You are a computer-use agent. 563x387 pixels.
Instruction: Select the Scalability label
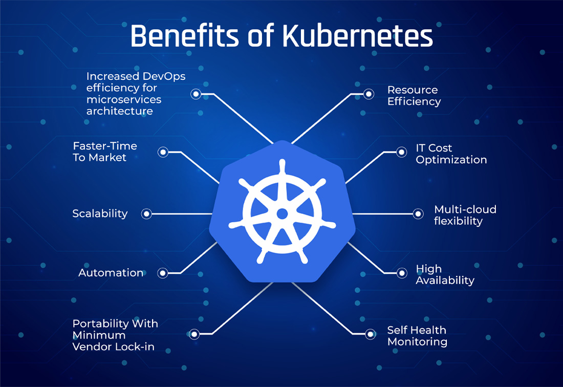pyautogui.click(x=100, y=213)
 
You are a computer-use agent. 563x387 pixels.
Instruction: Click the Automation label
pyautogui.click(x=111, y=273)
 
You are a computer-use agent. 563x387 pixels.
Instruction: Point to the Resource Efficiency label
pyautogui.click(x=414, y=96)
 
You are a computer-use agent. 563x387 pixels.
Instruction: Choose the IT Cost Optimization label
pyautogui.click(x=451, y=154)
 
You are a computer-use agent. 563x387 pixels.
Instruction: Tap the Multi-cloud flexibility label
pyautogui.click(x=465, y=215)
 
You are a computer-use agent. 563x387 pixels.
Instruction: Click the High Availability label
pyautogui.click(x=445, y=275)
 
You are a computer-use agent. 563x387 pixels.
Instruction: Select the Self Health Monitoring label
pyautogui.click(x=417, y=336)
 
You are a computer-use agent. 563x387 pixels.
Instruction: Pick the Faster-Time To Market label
pyautogui.click(x=105, y=152)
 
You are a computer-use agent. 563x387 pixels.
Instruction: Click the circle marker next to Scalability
pyautogui.click(x=146, y=213)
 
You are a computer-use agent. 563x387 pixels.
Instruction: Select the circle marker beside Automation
pyautogui.click(x=163, y=273)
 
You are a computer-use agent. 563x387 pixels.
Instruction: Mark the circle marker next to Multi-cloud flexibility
pyautogui.click(x=418, y=213)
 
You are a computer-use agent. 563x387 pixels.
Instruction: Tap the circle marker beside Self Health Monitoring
pyautogui.click(x=370, y=334)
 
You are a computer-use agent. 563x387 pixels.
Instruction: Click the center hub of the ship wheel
pyautogui.click(x=281, y=213)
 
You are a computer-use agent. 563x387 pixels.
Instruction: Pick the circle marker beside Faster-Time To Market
pyautogui.click(x=163, y=152)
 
